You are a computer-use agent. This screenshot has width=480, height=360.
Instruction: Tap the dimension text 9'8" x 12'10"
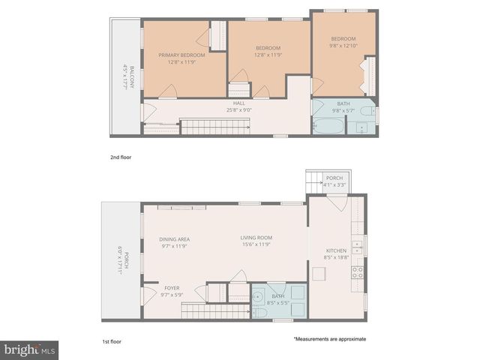343,46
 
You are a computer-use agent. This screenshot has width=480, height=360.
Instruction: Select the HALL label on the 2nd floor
238,104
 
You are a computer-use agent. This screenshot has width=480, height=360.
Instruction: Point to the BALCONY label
132,78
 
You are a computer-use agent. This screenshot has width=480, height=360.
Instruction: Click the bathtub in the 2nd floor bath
327,124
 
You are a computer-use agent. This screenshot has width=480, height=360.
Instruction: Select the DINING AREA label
174,239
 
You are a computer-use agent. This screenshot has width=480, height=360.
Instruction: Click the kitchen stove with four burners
358,272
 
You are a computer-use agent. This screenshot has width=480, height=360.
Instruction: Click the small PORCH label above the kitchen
334,178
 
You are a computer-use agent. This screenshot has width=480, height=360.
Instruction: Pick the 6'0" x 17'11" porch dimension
121,264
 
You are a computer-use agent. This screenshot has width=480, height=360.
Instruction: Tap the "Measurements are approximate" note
329,339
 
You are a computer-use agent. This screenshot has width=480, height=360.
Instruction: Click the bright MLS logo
29,349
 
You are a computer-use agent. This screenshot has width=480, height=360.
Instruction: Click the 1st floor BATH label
277,296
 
